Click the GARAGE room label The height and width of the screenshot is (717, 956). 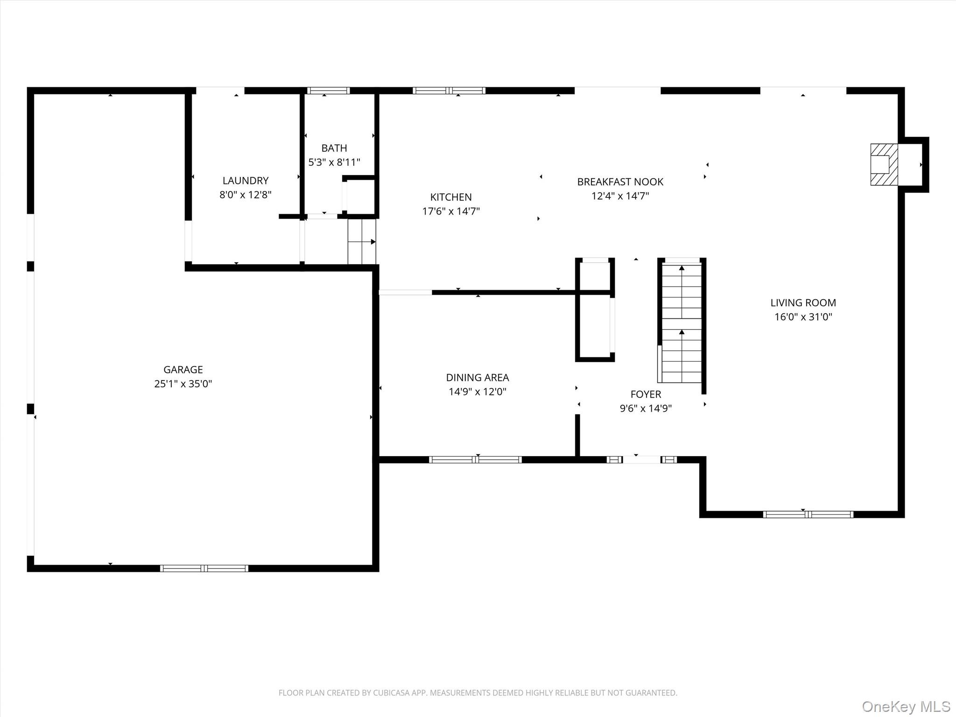tap(183, 369)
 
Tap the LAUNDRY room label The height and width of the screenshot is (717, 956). tap(246, 181)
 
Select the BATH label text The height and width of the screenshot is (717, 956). tap(334, 148)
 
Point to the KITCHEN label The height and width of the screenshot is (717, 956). tap(451, 197)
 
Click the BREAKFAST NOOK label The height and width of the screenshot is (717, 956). tap(620, 182)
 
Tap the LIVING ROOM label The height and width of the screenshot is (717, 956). tap(803, 302)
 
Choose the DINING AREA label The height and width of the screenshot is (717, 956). tap(478, 377)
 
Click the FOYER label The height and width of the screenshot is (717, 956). tap(646, 394)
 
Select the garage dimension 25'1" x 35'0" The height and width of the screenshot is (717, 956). tap(183, 384)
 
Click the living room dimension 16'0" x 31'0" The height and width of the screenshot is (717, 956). tap(803, 317)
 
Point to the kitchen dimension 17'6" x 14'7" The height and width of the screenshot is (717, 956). tap(451, 211)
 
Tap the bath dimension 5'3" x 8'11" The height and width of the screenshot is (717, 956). tap(334, 162)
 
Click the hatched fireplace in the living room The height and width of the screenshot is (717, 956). tap(884, 164)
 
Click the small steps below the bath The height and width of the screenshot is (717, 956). tap(362, 241)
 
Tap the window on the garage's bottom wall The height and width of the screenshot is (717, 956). tap(204, 568)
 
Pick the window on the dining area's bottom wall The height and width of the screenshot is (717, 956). tap(475, 459)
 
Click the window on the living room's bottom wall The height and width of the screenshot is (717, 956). tap(808, 514)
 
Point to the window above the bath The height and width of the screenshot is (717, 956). tap(329, 91)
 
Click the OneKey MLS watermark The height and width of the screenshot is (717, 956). tap(906, 706)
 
